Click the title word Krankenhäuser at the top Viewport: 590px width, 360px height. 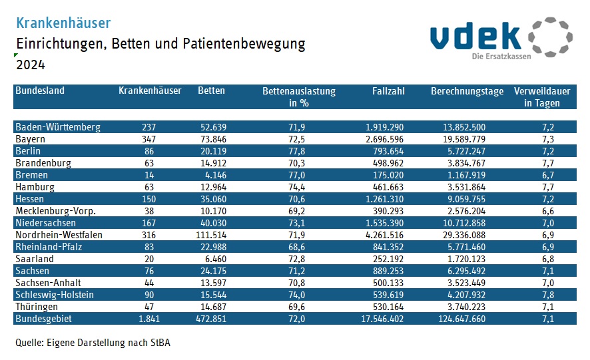63,23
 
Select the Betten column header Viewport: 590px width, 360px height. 211,91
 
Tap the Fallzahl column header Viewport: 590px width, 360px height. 388,91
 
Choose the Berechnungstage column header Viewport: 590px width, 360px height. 467,91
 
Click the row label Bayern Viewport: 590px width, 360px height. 30,139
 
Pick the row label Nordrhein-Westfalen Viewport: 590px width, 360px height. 59,235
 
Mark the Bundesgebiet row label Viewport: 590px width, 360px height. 43,319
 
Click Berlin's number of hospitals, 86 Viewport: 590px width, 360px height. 149,151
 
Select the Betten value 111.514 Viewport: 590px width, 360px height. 208,235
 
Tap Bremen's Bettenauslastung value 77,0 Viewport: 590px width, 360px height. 296,175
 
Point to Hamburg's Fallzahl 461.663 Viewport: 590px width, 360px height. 384,187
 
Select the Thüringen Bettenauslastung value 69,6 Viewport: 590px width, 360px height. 296,307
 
